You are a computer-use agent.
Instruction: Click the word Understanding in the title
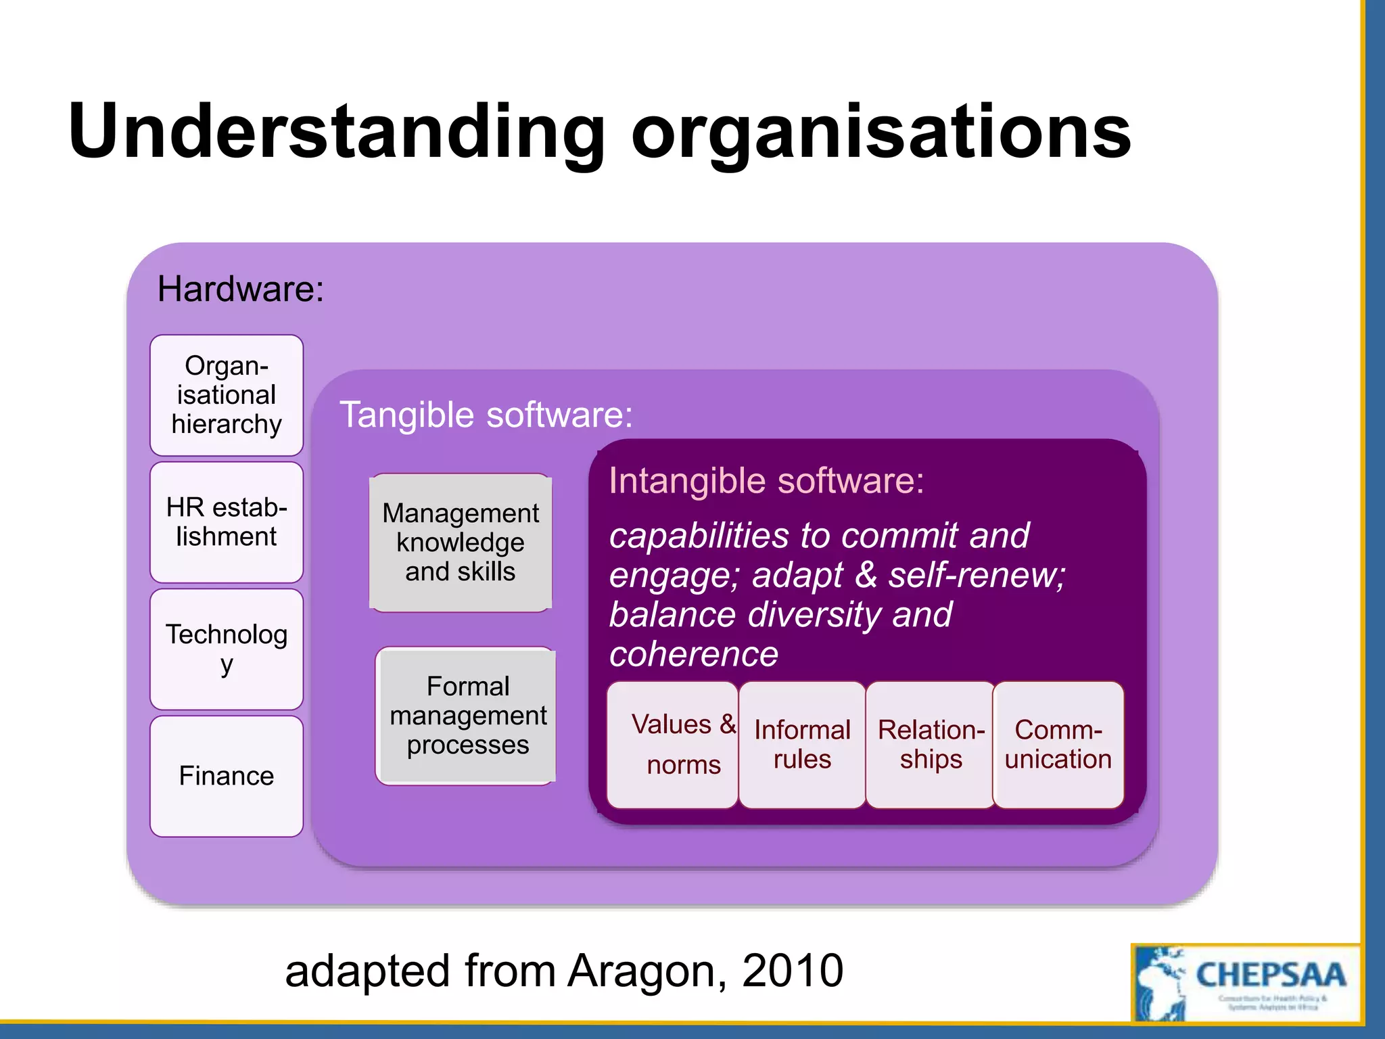click(337, 132)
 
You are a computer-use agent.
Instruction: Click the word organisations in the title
click(881, 132)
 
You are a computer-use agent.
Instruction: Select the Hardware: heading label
click(241, 290)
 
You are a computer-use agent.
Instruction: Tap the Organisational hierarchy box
click(227, 395)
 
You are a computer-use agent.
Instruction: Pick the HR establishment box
click(227, 522)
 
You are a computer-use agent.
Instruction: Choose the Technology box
click(227, 649)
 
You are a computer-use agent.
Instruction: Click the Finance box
click(227, 776)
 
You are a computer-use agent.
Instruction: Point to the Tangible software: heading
click(486, 415)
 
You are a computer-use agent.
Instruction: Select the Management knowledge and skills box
click(461, 542)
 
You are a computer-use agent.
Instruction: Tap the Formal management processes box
click(467, 716)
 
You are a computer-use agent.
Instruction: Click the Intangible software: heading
click(766, 481)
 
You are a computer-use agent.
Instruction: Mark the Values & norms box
click(672, 744)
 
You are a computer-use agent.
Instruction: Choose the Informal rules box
click(802, 744)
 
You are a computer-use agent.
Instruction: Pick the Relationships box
click(931, 744)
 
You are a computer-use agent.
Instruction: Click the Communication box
click(1058, 744)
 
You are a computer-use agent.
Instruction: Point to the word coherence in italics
click(694, 654)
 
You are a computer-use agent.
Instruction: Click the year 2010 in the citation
click(793, 971)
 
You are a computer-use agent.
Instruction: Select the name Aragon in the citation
click(648, 971)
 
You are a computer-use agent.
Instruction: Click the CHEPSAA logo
click(1245, 983)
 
